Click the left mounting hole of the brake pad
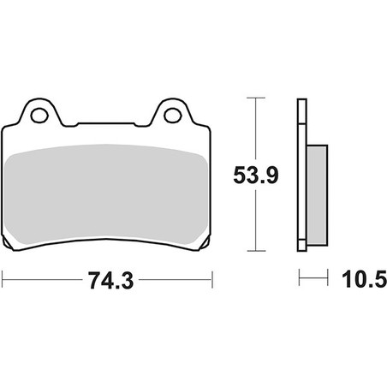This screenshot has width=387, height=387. pyautogui.click(x=39, y=116)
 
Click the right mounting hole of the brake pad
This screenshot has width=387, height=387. pyautogui.click(x=173, y=116)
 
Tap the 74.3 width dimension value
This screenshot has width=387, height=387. pyautogui.click(x=110, y=280)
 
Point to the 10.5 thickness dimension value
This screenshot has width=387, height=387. pyautogui.click(x=364, y=279)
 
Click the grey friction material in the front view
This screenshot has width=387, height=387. pyautogui.click(x=106, y=194)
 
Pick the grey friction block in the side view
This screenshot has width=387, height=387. pyautogui.click(x=317, y=195)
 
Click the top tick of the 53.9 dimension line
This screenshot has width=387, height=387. pyautogui.click(x=256, y=98)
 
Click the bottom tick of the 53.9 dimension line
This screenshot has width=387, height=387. pyautogui.click(x=256, y=251)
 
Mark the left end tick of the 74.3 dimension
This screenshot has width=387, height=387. pyautogui.click(x=3, y=280)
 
